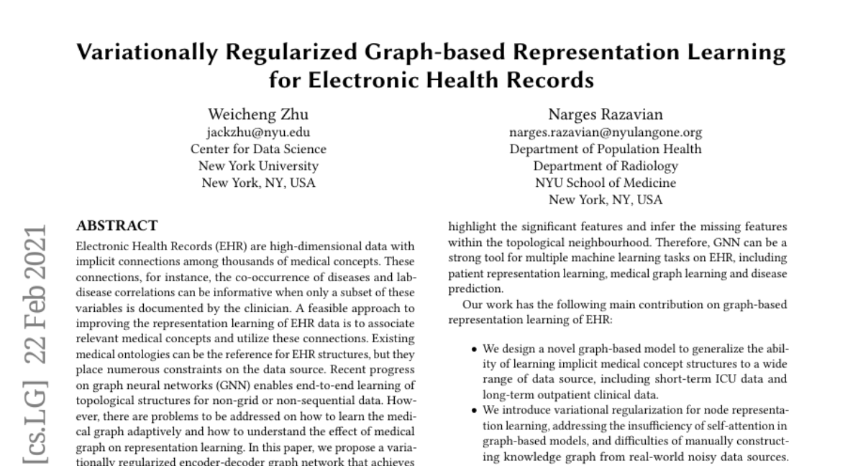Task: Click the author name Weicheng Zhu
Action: [x=258, y=114]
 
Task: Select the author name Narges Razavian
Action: [x=606, y=114]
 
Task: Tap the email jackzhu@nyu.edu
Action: [x=258, y=132]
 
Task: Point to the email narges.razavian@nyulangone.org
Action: [x=606, y=132]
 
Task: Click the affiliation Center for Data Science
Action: [x=258, y=150]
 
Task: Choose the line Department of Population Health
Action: [x=606, y=150]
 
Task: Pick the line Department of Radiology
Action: [x=606, y=166]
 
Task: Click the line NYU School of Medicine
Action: [x=606, y=183]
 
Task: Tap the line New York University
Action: [x=258, y=166]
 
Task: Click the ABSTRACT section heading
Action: [x=117, y=225]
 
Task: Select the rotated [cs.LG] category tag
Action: [x=32, y=420]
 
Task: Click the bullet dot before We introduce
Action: [x=475, y=410]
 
